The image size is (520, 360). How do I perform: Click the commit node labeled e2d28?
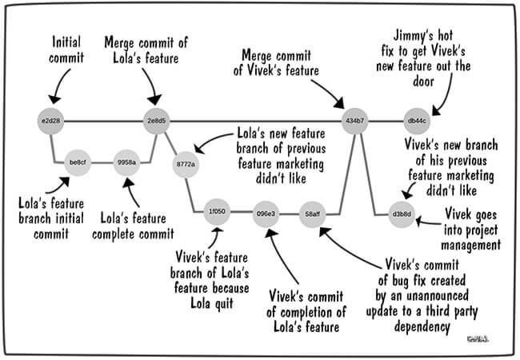[x=50, y=122]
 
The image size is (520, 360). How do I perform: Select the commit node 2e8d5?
[x=157, y=122]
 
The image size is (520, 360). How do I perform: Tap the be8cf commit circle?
[x=78, y=162]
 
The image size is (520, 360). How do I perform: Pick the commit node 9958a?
[x=126, y=162]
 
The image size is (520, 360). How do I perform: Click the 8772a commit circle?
[x=186, y=163]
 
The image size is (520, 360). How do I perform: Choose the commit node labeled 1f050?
[x=216, y=214]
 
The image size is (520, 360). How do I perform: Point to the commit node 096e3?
[x=266, y=214]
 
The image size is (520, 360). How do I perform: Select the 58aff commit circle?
[x=313, y=214]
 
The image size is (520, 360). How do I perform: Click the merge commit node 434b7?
[x=354, y=122]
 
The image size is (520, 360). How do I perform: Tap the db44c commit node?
[x=417, y=122]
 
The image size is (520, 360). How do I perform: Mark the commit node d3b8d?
[x=401, y=214]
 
